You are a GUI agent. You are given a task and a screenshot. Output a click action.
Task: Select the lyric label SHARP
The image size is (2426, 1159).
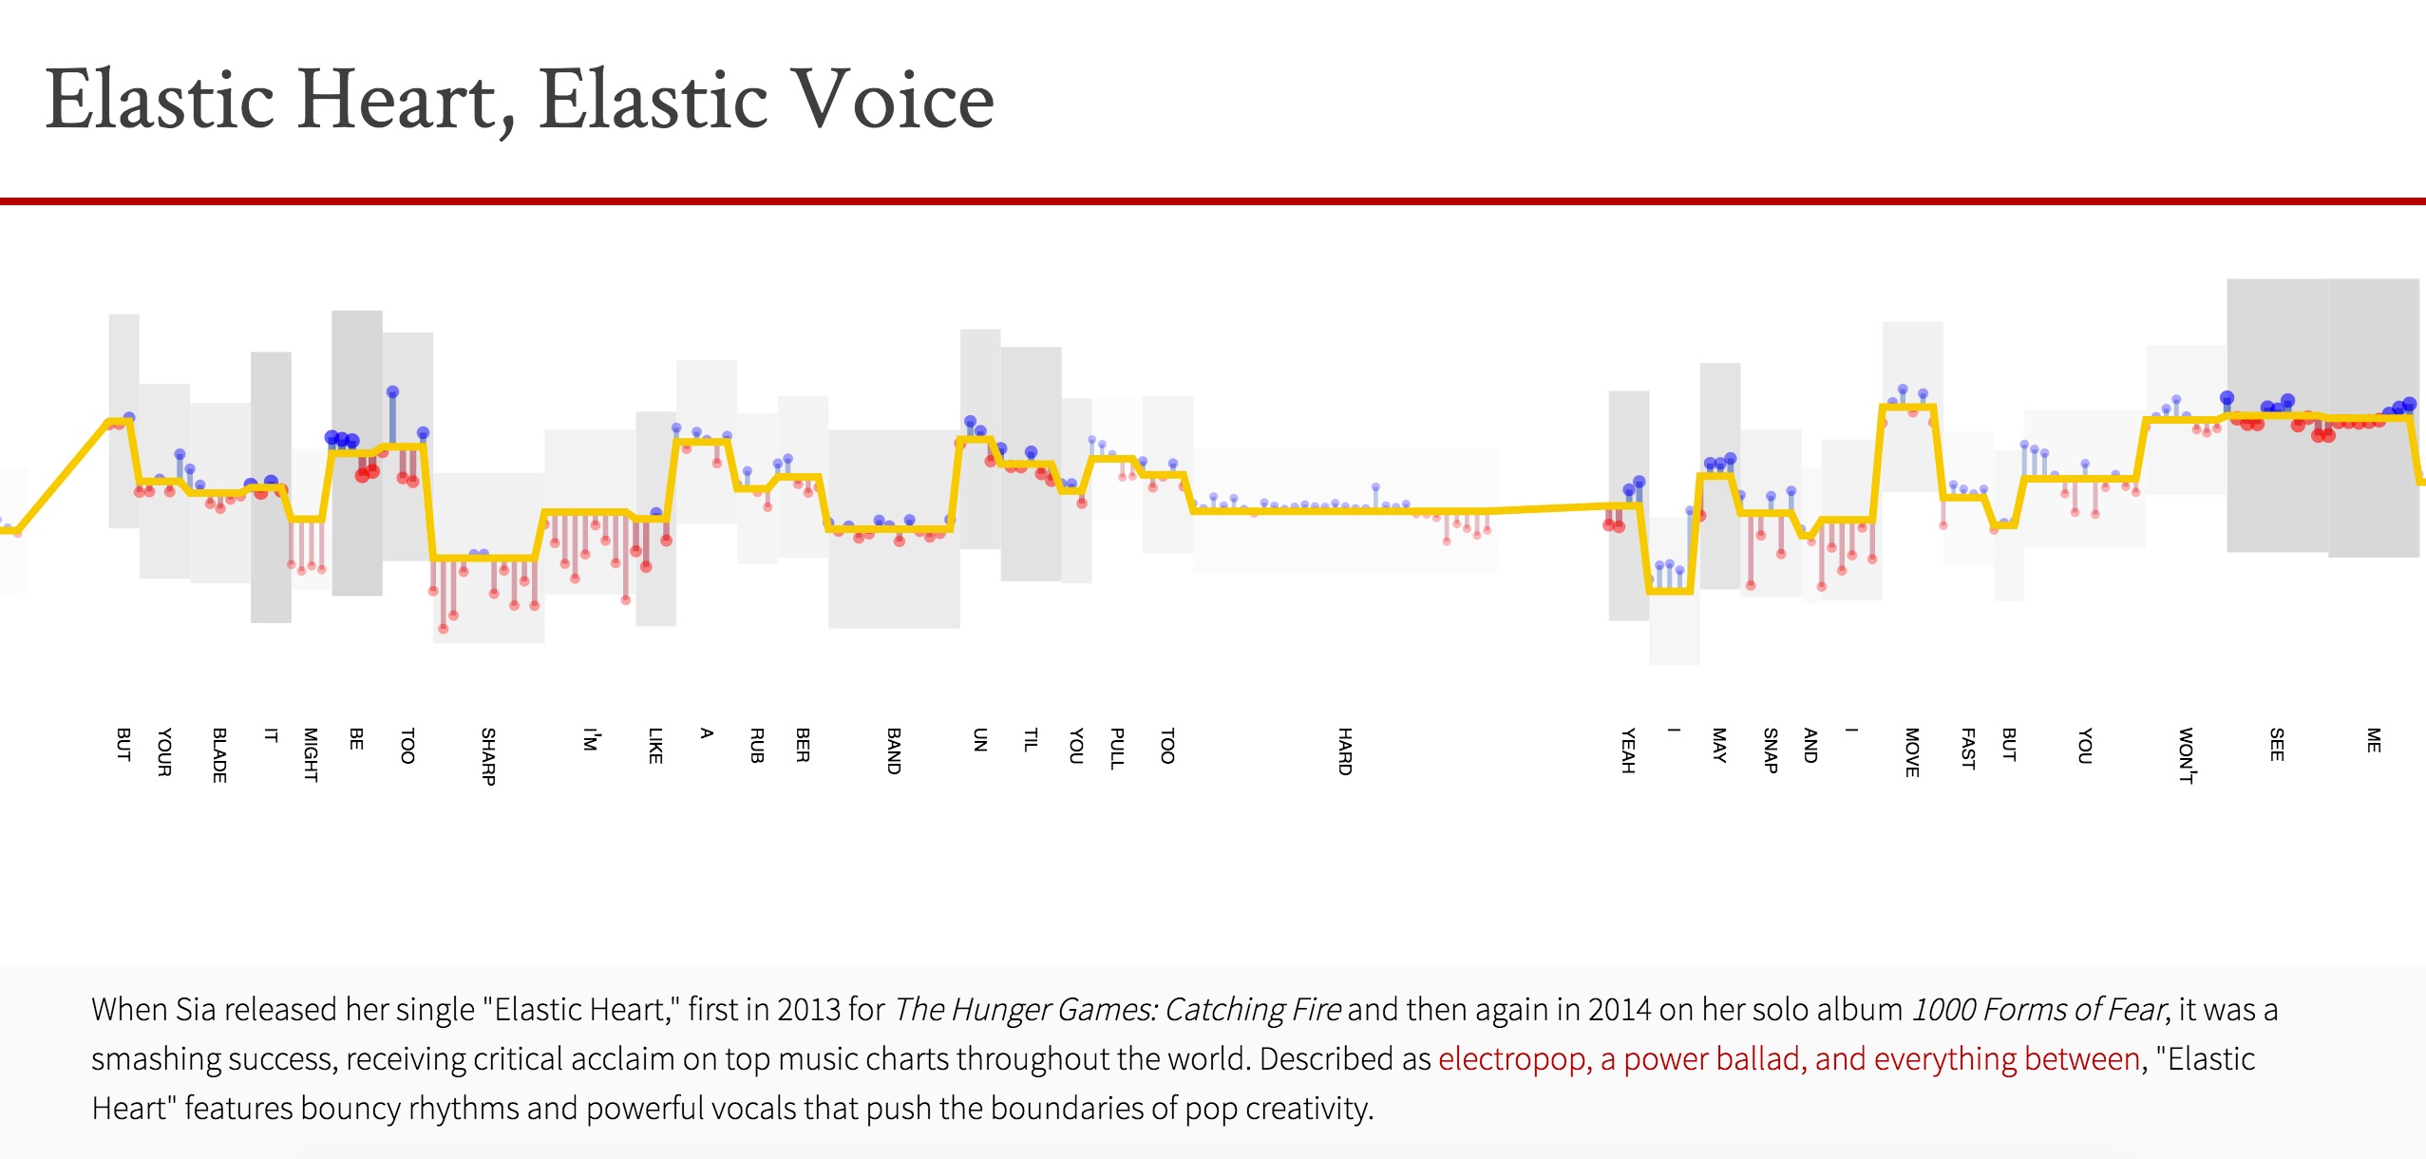488,756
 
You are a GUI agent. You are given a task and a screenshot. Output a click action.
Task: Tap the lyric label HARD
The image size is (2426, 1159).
1345,750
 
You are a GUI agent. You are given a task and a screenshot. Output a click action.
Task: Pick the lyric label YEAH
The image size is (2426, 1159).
1628,750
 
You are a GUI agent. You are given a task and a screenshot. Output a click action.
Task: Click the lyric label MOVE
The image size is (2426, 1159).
1912,751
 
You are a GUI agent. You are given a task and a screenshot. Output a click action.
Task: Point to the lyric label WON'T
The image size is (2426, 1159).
2186,755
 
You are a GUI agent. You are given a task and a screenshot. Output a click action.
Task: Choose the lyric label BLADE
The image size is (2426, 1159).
219,755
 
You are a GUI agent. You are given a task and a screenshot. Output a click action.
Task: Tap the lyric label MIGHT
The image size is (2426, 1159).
311,754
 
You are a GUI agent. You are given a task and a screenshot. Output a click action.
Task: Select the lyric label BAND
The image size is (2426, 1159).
894,750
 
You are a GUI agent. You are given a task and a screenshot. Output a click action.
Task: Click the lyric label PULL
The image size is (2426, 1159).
1117,749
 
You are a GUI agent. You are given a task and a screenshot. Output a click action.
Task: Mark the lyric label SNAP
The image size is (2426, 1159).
1771,750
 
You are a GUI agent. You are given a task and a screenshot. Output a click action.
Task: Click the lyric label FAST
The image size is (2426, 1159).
1968,749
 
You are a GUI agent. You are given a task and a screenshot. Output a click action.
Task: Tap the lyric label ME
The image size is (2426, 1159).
2374,740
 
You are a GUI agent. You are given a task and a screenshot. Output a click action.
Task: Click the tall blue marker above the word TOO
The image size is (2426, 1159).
392,392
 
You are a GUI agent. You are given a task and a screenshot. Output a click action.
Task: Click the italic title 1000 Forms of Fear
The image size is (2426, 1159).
2038,1009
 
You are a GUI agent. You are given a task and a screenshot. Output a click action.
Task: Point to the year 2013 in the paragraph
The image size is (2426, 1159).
806,1009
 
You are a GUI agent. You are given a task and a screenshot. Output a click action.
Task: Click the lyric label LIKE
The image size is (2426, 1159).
655,746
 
